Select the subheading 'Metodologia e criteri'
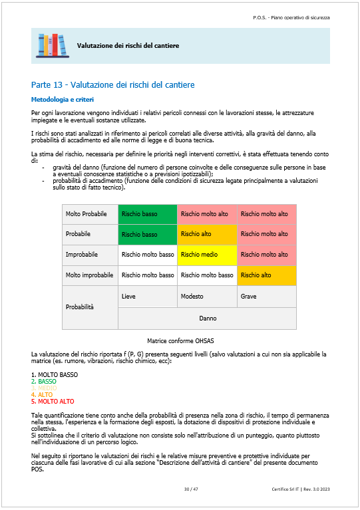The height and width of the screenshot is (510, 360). click(x=60, y=99)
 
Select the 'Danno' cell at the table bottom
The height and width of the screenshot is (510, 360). click(x=207, y=318)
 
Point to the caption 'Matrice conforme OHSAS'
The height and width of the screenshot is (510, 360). click(x=180, y=340)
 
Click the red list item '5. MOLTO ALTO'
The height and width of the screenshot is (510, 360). click(x=53, y=402)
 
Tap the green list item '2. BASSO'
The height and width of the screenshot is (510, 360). click(x=44, y=382)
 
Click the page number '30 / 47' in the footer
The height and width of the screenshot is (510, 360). click(x=192, y=489)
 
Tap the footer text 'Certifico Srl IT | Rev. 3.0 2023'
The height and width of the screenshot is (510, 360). click(x=301, y=489)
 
